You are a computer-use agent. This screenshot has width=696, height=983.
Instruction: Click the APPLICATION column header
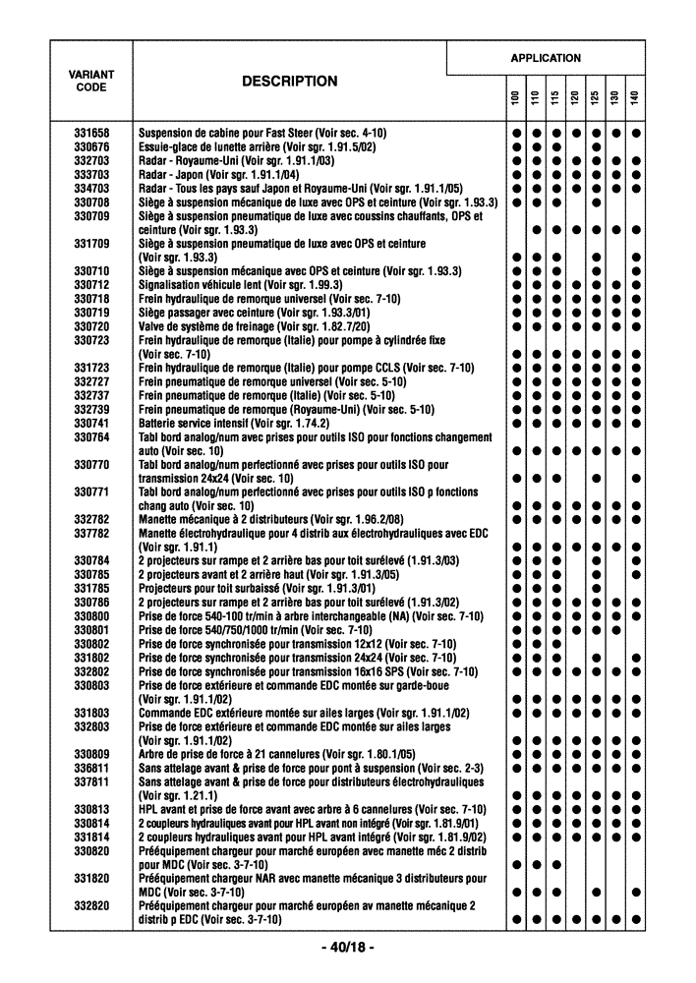pos(546,58)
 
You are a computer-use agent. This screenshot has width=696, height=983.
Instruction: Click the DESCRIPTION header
pos(289,82)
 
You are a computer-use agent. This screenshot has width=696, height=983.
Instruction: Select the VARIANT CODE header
pos(90,81)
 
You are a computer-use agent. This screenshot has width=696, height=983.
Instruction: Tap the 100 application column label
pos(514,99)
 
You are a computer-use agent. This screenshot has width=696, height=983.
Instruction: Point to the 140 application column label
pos(636,99)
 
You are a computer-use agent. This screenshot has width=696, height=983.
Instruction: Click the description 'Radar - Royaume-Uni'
pos(237,160)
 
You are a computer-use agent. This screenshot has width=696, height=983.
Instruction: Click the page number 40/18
pos(347,948)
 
